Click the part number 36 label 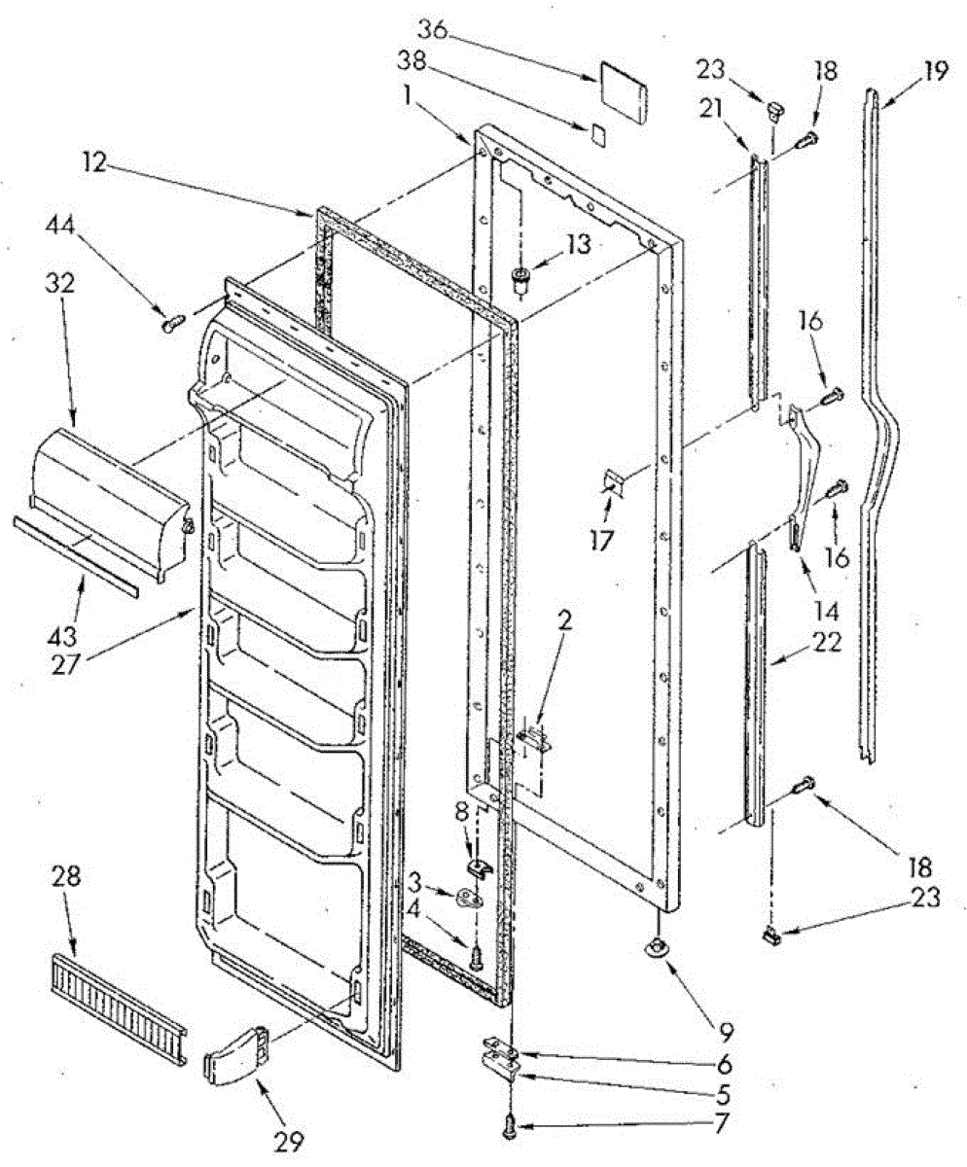(x=433, y=30)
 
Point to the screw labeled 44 (x=171, y=320)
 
